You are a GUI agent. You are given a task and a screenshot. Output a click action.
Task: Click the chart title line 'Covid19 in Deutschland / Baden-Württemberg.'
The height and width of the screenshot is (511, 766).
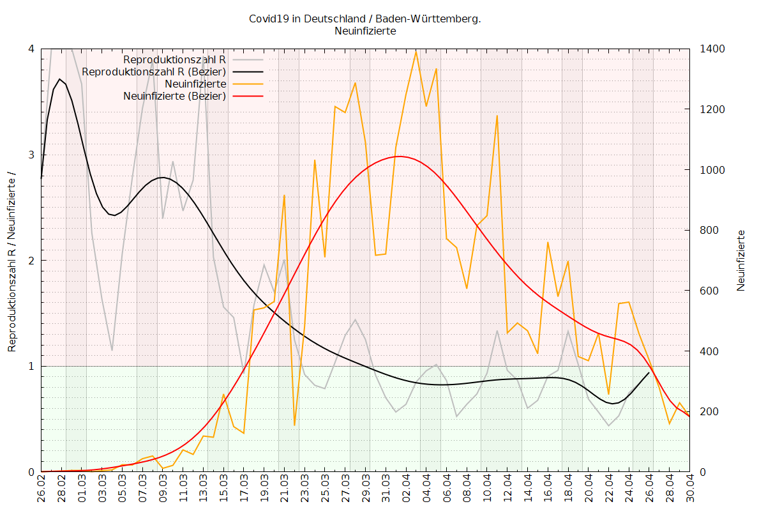click(x=365, y=19)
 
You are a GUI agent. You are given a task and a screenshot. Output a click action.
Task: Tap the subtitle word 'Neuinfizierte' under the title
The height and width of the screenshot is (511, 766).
click(x=365, y=31)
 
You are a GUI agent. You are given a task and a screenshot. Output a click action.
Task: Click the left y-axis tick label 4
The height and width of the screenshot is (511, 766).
click(x=30, y=49)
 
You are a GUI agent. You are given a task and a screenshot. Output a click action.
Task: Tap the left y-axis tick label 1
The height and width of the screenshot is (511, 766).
click(x=30, y=366)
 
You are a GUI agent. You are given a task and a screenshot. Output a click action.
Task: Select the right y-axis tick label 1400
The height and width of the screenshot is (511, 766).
click(x=712, y=49)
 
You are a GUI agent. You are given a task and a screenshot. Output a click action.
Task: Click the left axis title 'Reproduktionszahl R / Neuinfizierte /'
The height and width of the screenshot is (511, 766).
click(x=11, y=261)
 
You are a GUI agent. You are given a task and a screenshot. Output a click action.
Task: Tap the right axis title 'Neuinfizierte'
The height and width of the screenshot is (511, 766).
click(x=741, y=261)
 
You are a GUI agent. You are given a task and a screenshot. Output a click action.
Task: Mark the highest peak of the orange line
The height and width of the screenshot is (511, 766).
click(x=416, y=52)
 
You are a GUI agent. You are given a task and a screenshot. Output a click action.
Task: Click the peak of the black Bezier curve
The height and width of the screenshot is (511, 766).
click(x=59, y=79)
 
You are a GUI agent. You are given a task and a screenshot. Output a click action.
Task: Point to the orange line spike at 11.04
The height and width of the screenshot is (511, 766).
click(x=497, y=116)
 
